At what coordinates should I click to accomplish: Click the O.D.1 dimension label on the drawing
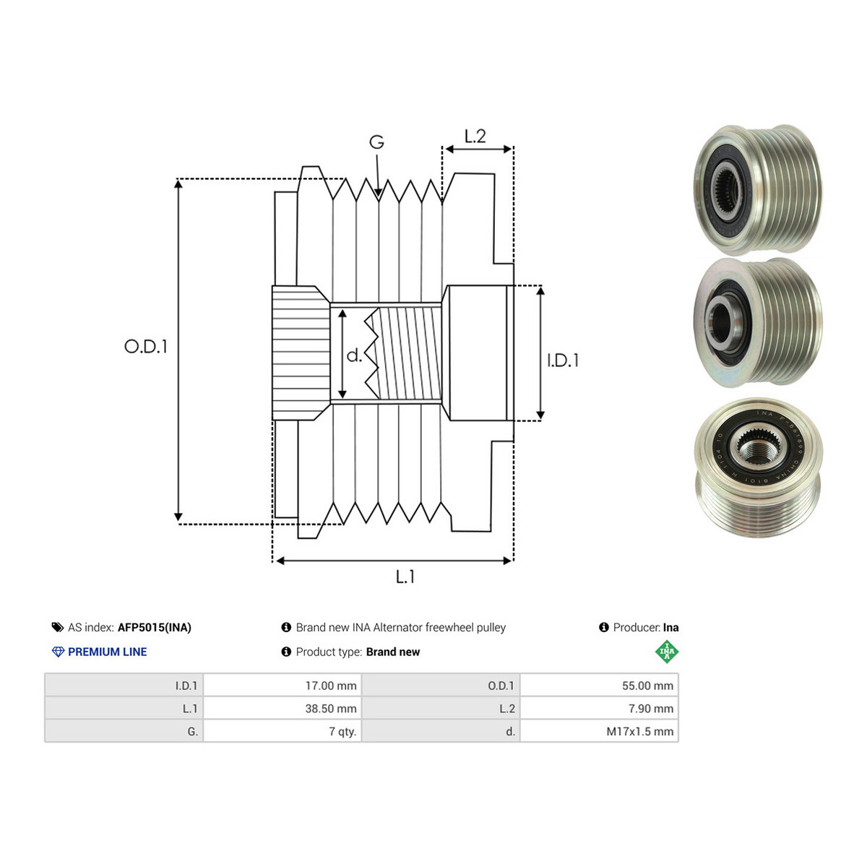145,347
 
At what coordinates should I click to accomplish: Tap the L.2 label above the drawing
475,136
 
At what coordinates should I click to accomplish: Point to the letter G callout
376,142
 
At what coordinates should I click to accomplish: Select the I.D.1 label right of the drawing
563,361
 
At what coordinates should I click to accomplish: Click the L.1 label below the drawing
405,577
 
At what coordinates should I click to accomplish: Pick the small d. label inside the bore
354,355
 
